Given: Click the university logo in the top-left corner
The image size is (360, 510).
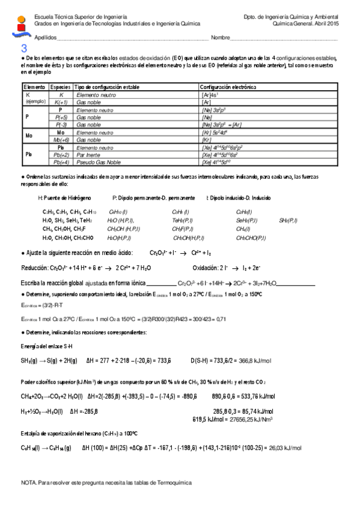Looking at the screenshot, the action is pyautogui.click(x=22, y=25).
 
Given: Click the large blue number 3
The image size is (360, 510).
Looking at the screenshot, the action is pyautogui.click(x=24, y=49).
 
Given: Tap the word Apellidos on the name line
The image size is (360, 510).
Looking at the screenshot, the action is pyautogui.click(x=46, y=37).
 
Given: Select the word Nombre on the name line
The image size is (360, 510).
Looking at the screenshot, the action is pyautogui.click(x=221, y=37).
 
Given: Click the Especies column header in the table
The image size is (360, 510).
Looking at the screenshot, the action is pyautogui.click(x=61, y=87).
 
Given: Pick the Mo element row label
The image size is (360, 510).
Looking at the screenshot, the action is pyautogui.click(x=28, y=136).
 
